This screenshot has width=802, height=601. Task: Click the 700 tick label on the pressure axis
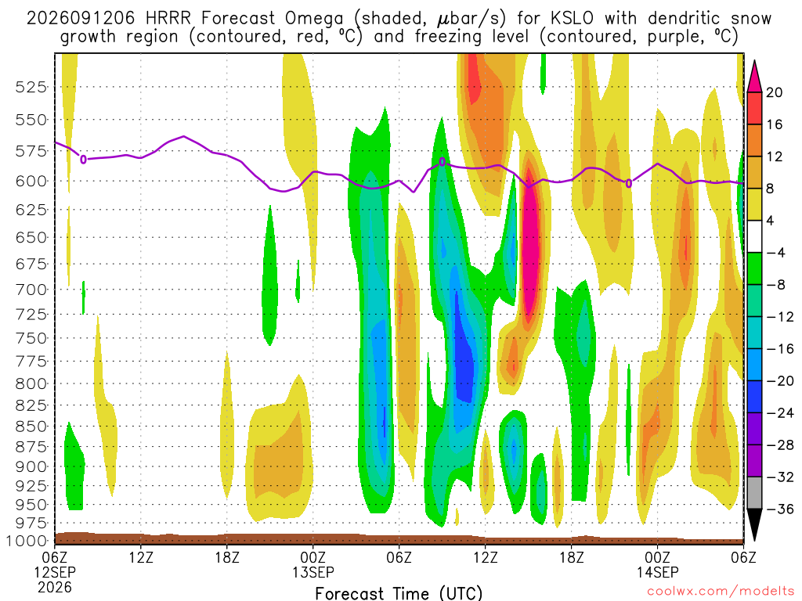pos(31,290)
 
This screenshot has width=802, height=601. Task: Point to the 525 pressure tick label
pos(31,88)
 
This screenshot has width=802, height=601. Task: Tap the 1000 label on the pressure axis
pos(26,541)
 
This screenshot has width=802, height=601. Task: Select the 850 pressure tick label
pos(31,426)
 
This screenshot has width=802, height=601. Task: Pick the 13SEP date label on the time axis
pos(313,572)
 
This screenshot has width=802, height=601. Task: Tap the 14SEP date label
pos(658,572)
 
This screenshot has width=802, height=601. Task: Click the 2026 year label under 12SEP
pos(55,587)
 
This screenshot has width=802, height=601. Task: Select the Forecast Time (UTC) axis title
pos(399,593)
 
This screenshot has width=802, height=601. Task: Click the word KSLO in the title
pos(572,19)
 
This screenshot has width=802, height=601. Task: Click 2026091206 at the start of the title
pos(81,19)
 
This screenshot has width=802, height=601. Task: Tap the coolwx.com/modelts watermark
pos(721,592)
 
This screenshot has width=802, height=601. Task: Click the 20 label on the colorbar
pos(774,92)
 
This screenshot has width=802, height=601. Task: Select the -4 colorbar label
pos(776,253)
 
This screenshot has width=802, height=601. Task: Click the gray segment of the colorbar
pos(754,493)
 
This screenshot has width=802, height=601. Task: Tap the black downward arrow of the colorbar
pos(754,524)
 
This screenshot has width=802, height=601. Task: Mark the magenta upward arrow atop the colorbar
pos(754,77)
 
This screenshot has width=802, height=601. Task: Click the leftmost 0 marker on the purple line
pos(83,160)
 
